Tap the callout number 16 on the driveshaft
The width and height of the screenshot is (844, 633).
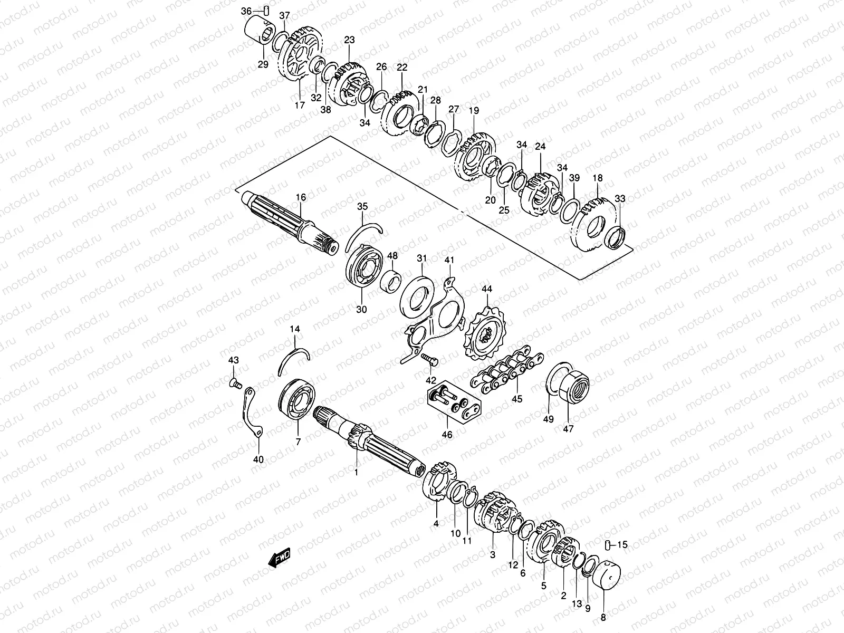pos(301,198)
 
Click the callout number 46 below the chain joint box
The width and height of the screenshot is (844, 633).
pos(447,435)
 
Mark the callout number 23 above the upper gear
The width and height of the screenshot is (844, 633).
pos(350,40)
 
